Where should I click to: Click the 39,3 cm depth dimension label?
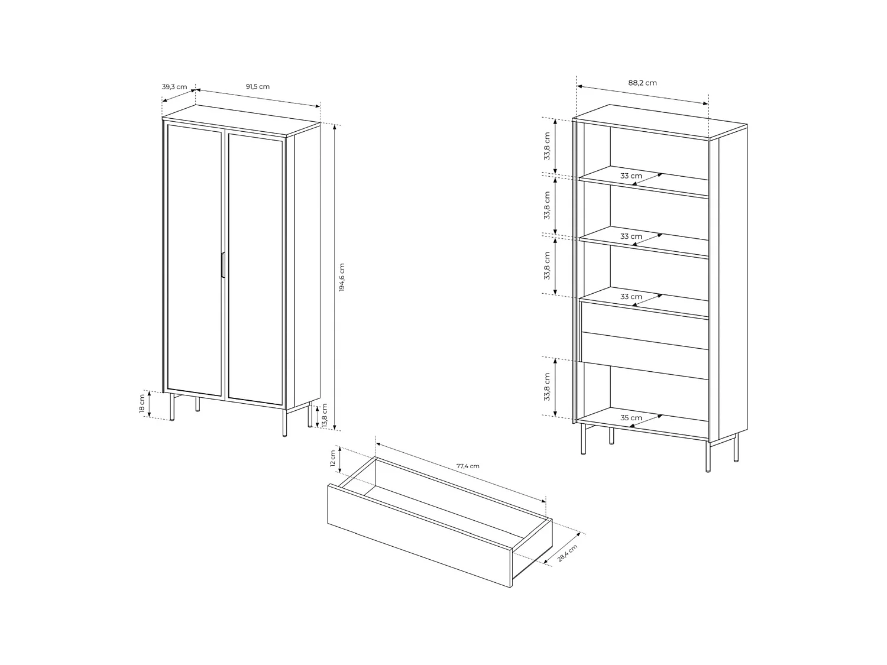tap(174, 87)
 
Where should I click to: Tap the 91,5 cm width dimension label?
tap(258, 86)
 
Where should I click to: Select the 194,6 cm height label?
tap(342, 277)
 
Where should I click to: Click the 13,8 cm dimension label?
tap(325, 416)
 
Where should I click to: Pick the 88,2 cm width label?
tap(642, 83)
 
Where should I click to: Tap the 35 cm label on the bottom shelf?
tap(631, 418)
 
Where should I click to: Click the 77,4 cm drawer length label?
tap(468, 466)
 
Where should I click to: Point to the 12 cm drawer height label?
tap(332, 459)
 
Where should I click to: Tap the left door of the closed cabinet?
tap(194, 260)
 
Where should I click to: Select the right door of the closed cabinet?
tap(255, 269)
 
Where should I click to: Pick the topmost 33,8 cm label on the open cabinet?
tap(547, 145)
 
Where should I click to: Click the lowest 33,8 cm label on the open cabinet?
tap(547, 386)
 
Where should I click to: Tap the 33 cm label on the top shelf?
tap(631, 176)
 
